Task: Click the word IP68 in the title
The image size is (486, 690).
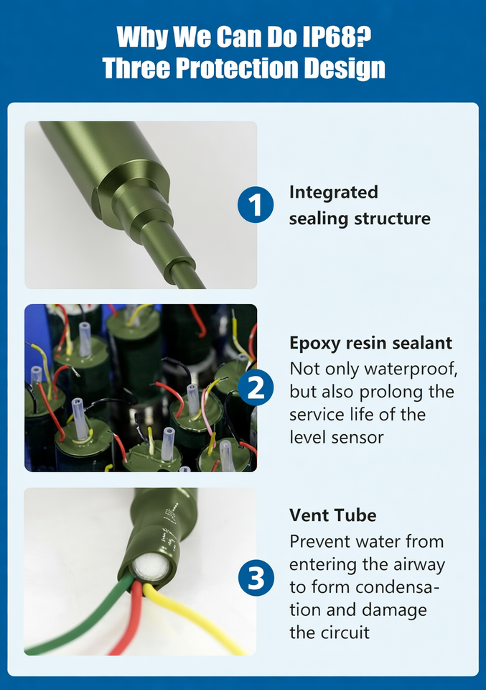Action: click(337, 37)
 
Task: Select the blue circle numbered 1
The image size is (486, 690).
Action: click(256, 205)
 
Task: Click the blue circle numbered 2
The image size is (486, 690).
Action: click(256, 387)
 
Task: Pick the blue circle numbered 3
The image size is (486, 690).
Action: click(256, 578)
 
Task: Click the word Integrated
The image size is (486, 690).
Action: click(334, 193)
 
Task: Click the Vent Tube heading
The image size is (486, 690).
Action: click(332, 515)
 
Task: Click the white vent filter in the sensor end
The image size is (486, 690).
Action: click(151, 567)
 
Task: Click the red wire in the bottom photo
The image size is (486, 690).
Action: click(130, 620)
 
